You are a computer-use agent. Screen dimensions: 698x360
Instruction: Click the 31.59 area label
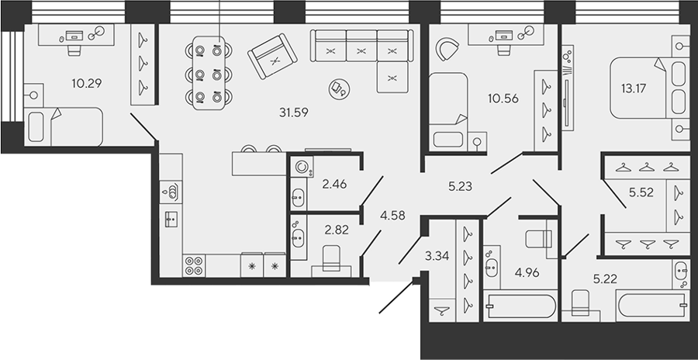pyautogui.click(x=294, y=112)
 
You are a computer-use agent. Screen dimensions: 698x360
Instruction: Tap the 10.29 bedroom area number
pyautogui.click(x=86, y=83)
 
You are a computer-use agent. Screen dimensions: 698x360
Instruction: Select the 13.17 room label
pyautogui.click(x=634, y=88)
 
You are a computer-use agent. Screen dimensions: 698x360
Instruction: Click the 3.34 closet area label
pyautogui.click(x=438, y=256)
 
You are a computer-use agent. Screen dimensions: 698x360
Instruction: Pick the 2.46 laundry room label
pyautogui.click(x=334, y=183)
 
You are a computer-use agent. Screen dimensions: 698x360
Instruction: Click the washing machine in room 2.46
pyautogui.click(x=302, y=167)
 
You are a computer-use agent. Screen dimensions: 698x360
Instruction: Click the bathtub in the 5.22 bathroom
pyautogui.click(x=652, y=306)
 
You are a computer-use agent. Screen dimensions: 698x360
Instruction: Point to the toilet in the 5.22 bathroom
pyautogui.click(x=579, y=302)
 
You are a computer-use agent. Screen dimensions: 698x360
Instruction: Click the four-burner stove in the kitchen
pyautogui.click(x=194, y=265)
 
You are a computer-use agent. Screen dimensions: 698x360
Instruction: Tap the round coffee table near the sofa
pyautogui.click(x=337, y=88)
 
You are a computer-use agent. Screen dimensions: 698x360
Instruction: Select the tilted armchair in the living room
pyautogui.click(x=272, y=56)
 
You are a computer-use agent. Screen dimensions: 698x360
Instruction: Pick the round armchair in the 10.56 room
pyautogui.click(x=447, y=49)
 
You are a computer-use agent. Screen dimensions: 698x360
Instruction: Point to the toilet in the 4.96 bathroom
pyautogui.click(x=539, y=238)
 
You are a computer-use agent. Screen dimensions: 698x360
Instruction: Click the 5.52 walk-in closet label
pyautogui.click(x=641, y=192)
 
